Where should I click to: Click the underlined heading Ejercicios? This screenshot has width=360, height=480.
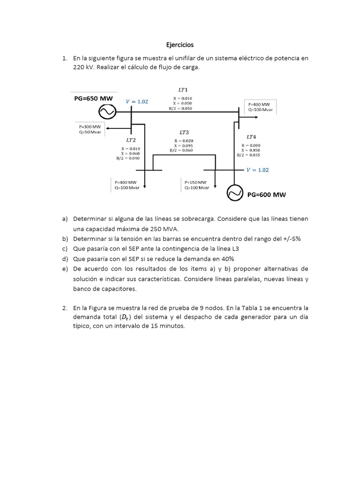pyautogui.click(x=180, y=45)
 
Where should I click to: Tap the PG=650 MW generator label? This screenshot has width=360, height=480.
pyautogui.click(x=93, y=99)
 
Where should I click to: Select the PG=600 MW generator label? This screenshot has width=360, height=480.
pyautogui.click(x=267, y=195)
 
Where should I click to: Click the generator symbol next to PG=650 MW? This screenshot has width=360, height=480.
pyautogui.click(x=107, y=112)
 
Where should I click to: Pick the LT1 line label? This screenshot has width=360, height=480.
pyautogui.click(x=183, y=90)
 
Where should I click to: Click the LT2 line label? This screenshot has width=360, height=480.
pyautogui.click(x=131, y=140)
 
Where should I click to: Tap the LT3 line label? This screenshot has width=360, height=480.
pyautogui.click(x=184, y=133)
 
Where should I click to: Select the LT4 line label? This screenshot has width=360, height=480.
pyautogui.click(x=251, y=137)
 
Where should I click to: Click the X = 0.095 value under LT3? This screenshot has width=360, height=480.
pyautogui.click(x=184, y=145)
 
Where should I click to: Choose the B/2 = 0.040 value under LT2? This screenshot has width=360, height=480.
pyautogui.click(x=128, y=158)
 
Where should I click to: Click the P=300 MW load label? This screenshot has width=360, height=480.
pyautogui.click(x=90, y=127)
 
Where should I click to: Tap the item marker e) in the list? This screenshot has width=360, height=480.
pyautogui.click(x=65, y=269)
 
